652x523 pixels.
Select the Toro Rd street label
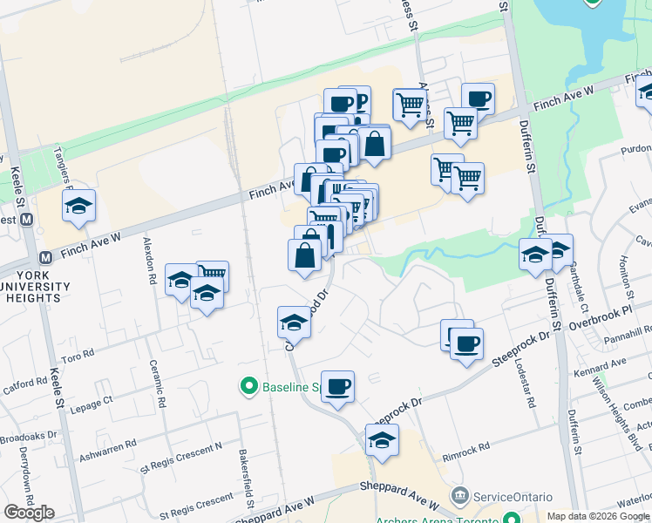click(78, 357)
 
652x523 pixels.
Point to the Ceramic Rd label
click(156, 385)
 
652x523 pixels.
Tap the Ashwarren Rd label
click(106, 443)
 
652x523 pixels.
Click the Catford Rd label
click(24, 384)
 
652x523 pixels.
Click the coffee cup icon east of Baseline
click(337, 385)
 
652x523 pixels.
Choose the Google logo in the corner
click(29, 513)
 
